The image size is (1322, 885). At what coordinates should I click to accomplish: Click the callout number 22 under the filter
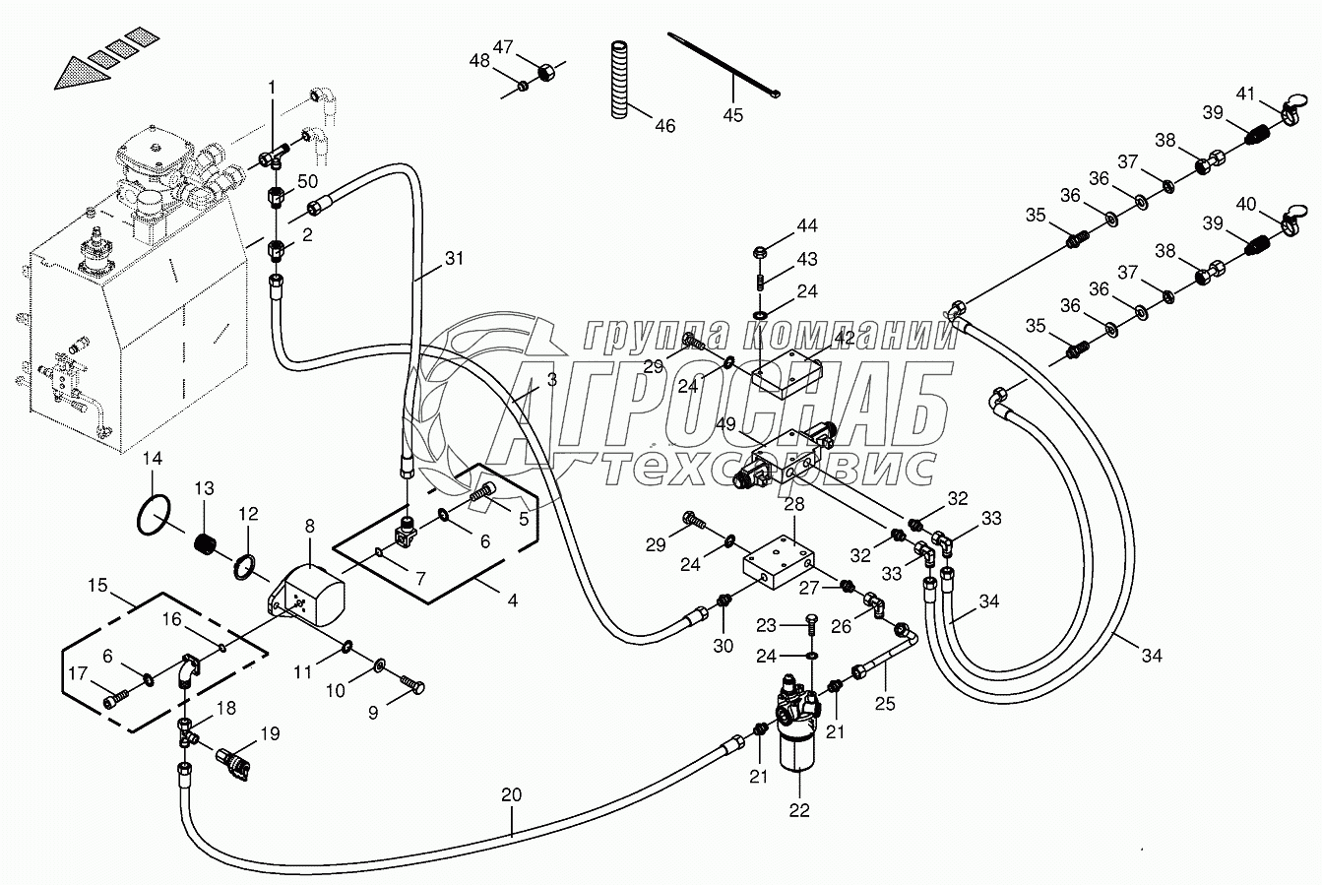pyautogui.click(x=798, y=810)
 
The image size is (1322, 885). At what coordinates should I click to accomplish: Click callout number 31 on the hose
pyautogui.click(x=452, y=260)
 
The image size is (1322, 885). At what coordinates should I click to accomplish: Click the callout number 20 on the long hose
pyautogui.click(x=512, y=794)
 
